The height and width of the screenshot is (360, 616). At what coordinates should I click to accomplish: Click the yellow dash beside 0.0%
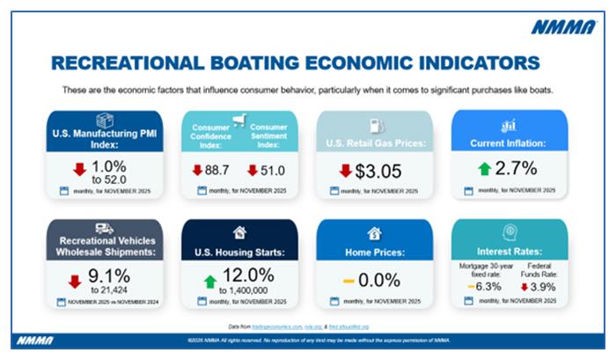click(x=349, y=280)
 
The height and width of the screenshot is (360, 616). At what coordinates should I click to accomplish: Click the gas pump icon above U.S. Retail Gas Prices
click(x=372, y=124)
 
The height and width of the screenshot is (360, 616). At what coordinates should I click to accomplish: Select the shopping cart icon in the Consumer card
click(x=238, y=120)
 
